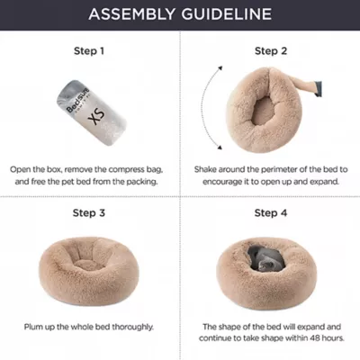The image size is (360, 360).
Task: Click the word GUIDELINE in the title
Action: click(x=227, y=14)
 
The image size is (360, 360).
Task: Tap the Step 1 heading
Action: click(x=89, y=51)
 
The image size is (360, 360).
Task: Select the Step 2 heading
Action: click(x=271, y=51)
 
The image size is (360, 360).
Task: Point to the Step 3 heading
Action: click(x=89, y=213)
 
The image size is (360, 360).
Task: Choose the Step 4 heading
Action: click(x=271, y=213)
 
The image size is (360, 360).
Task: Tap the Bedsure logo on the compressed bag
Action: click(x=77, y=100)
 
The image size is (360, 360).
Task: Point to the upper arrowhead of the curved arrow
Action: click(x=220, y=67)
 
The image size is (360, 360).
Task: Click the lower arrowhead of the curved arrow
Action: click(x=220, y=148)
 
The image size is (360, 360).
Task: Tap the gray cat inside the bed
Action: click(x=265, y=260)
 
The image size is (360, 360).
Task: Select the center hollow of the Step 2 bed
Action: click(x=264, y=111)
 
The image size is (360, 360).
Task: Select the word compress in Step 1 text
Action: click(x=126, y=170)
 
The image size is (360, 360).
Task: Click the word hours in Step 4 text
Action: click(x=333, y=338)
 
